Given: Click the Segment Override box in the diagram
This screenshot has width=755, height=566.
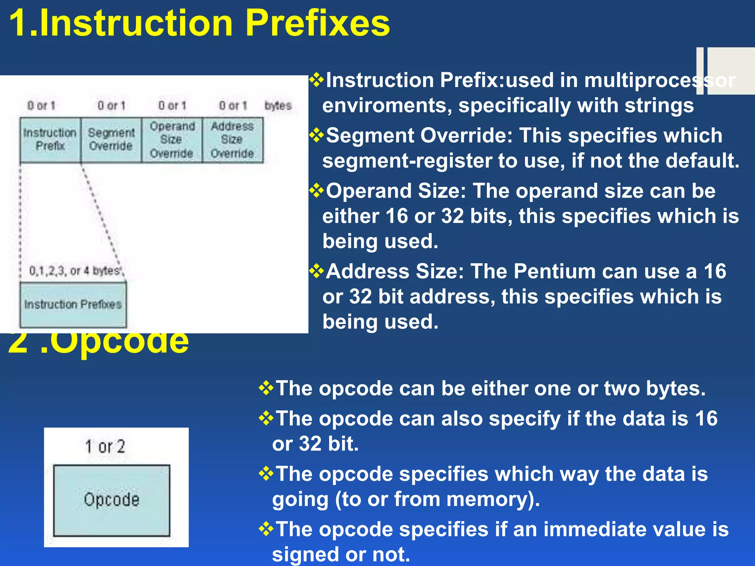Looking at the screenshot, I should click(x=111, y=140).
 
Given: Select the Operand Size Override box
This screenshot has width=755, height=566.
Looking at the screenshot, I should click(x=172, y=140).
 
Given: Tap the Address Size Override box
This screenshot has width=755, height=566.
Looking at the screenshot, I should click(x=232, y=140).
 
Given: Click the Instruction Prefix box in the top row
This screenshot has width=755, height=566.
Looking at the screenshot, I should click(x=50, y=140).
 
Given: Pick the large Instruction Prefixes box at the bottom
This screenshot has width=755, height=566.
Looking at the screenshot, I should click(x=73, y=305).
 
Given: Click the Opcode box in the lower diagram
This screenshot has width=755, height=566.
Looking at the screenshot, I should click(x=112, y=500).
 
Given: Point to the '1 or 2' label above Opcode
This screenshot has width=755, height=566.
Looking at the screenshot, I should click(x=105, y=447).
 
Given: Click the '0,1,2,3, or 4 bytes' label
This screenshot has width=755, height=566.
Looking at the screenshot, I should click(x=75, y=271).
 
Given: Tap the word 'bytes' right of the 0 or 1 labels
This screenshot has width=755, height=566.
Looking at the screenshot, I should click(x=278, y=106).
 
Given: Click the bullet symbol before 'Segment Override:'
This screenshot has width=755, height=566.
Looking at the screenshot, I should click(x=316, y=135).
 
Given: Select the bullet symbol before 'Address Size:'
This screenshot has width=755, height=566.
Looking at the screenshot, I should click(x=316, y=271).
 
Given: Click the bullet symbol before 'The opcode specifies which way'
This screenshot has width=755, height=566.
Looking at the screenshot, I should click(x=266, y=474).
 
